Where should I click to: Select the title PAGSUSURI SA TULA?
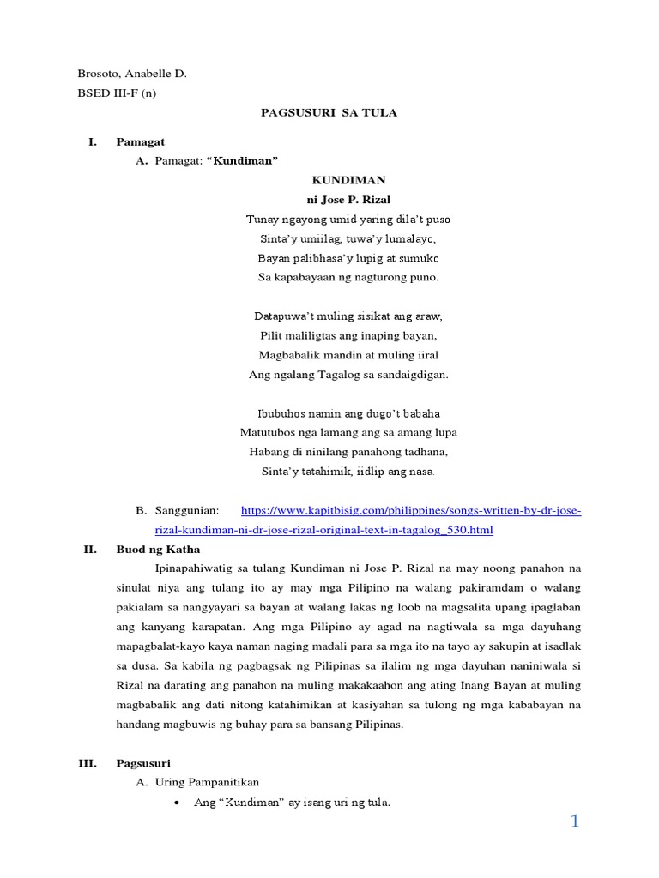pyautogui.click(x=329, y=113)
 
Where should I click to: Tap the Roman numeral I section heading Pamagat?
pyautogui.click(x=141, y=141)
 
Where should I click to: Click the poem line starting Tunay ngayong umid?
pyautogui.click(x=348, y=219)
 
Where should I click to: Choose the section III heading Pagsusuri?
pyautogui.click(x=143, y=762)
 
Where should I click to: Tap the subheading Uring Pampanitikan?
pyautogui.click(x=207, y=782)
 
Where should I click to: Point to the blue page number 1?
pyautogui.click(x=575, y=821)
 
